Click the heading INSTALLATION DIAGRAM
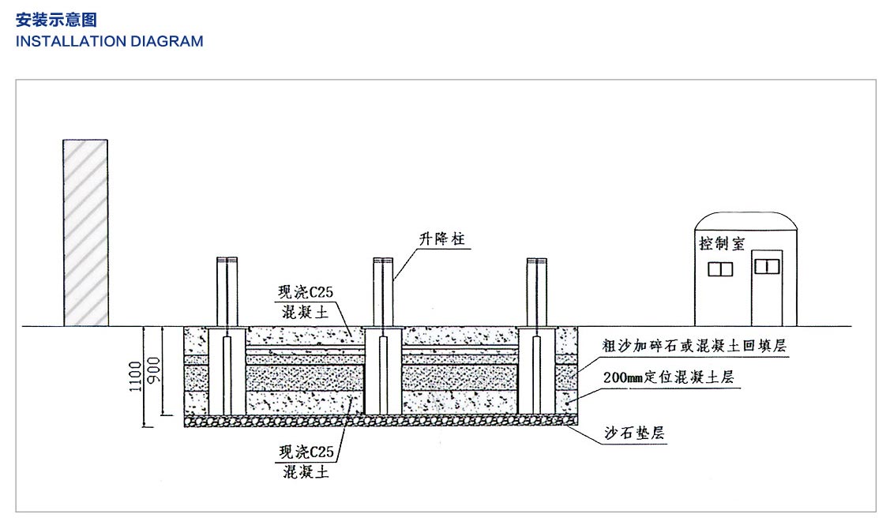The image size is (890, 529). pos(109,41)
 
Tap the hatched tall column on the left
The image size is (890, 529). pos(85,232)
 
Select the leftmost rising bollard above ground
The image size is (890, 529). pos(227,291)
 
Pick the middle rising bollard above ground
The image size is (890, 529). pos(383,291)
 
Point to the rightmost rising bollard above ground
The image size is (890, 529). pos(537,291)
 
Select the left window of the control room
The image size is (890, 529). pos(720,268)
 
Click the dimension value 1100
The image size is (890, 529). pos(135,375)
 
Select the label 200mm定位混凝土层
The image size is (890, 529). pos(667,377)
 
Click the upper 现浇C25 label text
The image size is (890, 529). pos(305,291)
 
